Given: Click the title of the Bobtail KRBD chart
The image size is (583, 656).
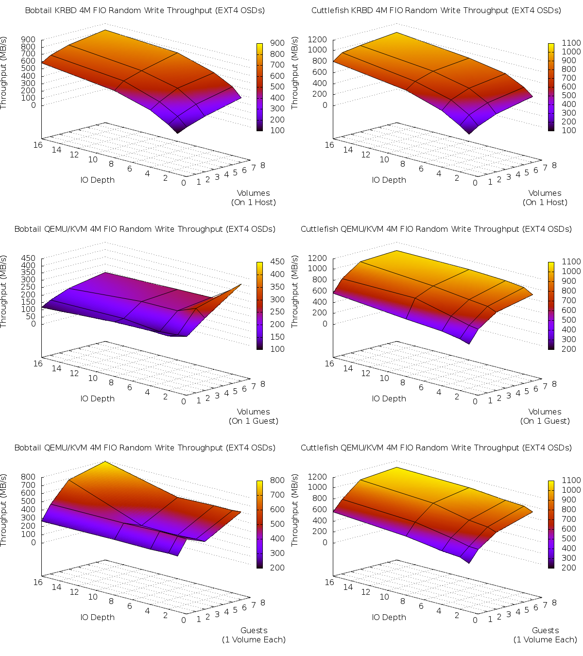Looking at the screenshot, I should click(145, 10).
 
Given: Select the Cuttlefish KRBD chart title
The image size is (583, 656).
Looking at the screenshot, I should click(436, 10).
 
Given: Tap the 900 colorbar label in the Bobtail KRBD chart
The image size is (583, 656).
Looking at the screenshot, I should click(277, 43).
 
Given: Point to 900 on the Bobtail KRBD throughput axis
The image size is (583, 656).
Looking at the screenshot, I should click(29, 39).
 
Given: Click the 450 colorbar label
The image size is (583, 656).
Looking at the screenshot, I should click(277, 261).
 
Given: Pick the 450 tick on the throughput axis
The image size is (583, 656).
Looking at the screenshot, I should click(29, 258).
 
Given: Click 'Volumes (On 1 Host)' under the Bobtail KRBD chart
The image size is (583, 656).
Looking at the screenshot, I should click(253, 198).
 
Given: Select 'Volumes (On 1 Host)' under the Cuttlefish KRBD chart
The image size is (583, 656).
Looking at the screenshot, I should click(545, 198).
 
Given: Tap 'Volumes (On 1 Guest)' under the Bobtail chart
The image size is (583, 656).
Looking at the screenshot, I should click(253, 416).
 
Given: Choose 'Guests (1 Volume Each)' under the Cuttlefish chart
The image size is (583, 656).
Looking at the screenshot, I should click(545, 635).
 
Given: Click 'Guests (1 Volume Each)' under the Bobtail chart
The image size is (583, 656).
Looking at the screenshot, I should click(253, 635).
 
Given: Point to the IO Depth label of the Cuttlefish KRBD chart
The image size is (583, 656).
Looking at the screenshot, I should click(389, 180).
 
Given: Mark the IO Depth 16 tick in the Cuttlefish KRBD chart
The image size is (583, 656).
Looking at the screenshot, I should click(329, 145).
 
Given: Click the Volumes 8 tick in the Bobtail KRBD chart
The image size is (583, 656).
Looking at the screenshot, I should click(263, 165).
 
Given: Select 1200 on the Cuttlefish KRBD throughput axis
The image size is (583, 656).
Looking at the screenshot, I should click(317, 39).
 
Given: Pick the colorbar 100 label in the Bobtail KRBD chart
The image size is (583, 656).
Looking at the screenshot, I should click(277, 130).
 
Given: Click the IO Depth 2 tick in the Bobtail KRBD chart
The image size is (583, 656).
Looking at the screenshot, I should click(165, 178).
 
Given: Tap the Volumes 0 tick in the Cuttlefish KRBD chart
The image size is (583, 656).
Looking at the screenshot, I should click(475, 183).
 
